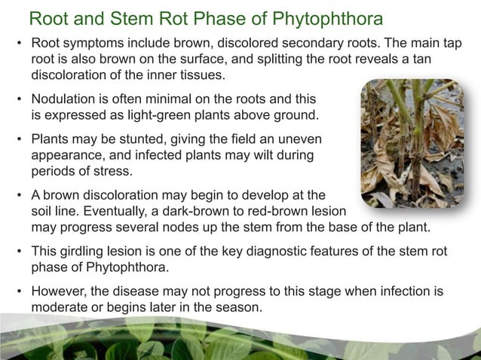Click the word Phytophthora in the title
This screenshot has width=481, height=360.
point(323,17)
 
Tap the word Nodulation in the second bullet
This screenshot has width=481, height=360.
point(62,100)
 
